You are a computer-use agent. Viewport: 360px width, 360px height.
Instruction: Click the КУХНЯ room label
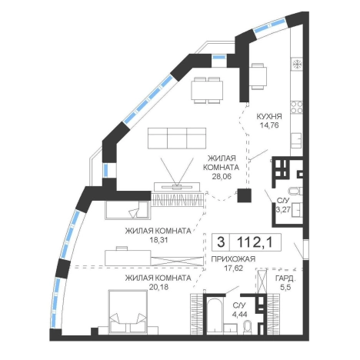pyautogui.click(x=269, y=116)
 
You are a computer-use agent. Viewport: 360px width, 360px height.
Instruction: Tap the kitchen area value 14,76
pyautogui.click(x=269, y=125)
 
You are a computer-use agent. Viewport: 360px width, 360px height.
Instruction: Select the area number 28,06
pyautogui.click(x=222, y=176)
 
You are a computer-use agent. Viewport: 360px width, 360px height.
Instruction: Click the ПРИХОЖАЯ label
pyautogui.click(x=233, y=259)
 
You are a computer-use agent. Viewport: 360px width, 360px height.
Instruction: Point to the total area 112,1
pyautogui.click(x=255, y=242)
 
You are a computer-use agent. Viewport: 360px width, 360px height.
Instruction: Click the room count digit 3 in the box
pyautogui.click(x=221, y=242)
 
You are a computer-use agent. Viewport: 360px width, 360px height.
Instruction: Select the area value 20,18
pyautogui.click(x=159, y=287)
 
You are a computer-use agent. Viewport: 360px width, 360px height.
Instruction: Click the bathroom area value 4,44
pyautogui.click(x=239, y=315)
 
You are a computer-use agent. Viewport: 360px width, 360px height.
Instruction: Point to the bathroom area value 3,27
pyautogui.click(x=283, y=210)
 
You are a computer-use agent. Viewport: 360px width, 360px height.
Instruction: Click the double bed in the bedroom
pyautogui.click(x=128, y=312)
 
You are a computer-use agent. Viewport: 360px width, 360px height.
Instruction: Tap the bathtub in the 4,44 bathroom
pyautogui.click(x=215, y=315)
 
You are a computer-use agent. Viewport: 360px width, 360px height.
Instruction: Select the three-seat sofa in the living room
pyautogui.click(x=177, y=138)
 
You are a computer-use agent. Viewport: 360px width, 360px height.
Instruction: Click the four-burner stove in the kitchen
pyautogui.click(x=297, y=107)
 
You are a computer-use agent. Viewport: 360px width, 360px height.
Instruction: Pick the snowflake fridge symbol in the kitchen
pyautogui.click(x=297, y=64)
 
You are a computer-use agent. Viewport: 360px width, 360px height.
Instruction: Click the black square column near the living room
pyautogui.click(x=244, y=195)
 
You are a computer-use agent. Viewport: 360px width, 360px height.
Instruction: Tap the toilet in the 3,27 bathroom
pyautogui.click(x=295, y=191)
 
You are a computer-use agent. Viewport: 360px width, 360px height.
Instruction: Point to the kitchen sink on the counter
pyautogui.click(x=297, y=140)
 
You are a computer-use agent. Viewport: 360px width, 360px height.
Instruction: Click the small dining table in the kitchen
pyautogui.click(x=258, y=76)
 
